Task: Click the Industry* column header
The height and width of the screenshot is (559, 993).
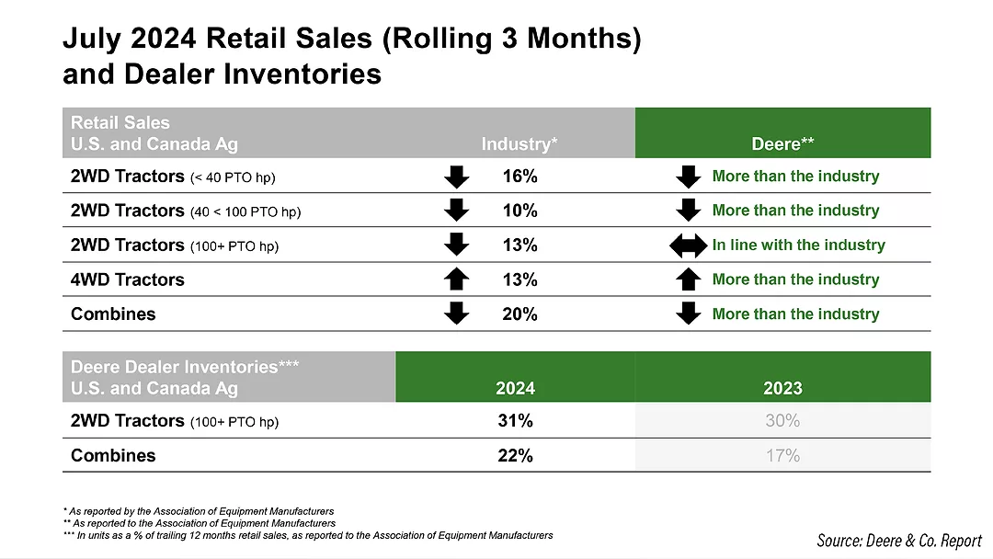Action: click(x=519, y=143)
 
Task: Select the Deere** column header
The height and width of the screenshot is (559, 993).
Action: click(x=782, y=143)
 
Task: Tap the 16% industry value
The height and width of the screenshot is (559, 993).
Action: click(x=519, y=176)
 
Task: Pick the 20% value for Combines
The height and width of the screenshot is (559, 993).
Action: click(x=519, y=314)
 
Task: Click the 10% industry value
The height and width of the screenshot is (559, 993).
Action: click(x=519, y=211)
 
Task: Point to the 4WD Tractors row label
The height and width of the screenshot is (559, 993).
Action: click(x=128, y=279)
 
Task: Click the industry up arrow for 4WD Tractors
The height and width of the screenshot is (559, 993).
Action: click(x=456, y=279)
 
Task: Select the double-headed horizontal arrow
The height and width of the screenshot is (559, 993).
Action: click(x=688, y=245)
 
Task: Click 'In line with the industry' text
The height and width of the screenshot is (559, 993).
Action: click(x=798, y=245)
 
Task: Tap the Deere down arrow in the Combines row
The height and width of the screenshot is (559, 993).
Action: click(x=688, y=314)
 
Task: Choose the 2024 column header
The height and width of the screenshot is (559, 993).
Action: click(x=515, y=388)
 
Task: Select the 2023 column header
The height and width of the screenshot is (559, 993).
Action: click(x=782, y=388)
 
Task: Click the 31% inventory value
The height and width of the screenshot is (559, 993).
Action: click(x=515, y=421)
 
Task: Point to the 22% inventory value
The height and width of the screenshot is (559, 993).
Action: click(x=515, y=455)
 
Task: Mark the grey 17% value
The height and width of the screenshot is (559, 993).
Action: click(x=782, y=455)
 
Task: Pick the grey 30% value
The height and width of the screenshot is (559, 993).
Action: click(x=782, y=421)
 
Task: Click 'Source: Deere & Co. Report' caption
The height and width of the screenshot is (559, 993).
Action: click(x=898, y=541)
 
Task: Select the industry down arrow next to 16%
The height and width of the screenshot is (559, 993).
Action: click(x=456, y=176)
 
